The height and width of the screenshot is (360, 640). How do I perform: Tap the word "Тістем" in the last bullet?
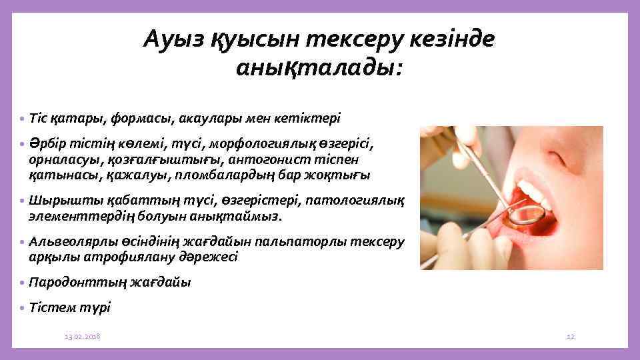(51, 307)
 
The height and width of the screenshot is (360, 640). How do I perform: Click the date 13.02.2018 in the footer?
(83, 337)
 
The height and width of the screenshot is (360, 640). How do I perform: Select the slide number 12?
(570, 337)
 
